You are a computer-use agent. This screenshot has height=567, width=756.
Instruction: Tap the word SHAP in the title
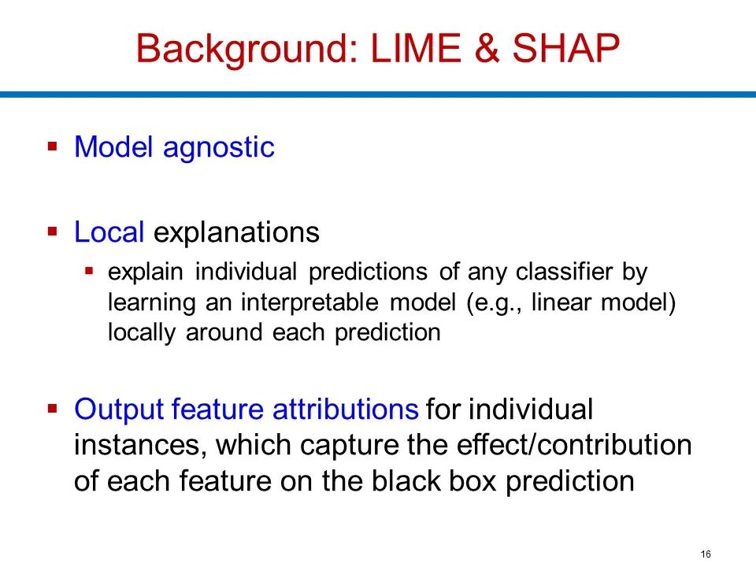coord(565,48)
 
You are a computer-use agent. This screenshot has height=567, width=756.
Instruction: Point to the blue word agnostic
coord(219,149)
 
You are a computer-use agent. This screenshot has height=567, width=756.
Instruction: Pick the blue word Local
coord(109,232)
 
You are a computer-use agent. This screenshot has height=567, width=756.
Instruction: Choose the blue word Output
coord(119,410)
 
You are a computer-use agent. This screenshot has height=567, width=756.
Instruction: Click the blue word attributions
coord(345,409)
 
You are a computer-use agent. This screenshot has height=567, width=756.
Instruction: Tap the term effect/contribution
coord(574,445)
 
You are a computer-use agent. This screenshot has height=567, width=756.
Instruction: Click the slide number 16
coord(706,554)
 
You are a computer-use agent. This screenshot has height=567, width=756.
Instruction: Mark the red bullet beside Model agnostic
coord(53,146)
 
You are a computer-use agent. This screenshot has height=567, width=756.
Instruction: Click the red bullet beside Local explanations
coord(53,232)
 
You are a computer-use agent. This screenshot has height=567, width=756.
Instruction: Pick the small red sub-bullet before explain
coord(89,271)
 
